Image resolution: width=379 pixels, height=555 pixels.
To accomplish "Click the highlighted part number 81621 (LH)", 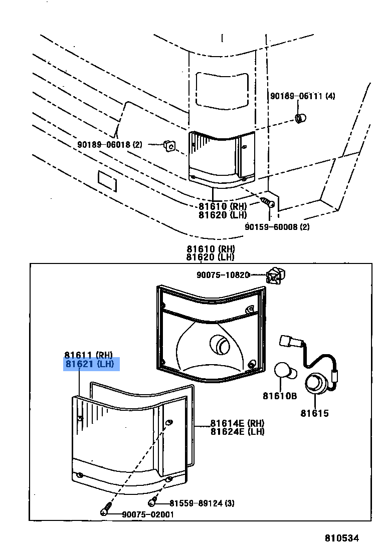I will click(92, 364).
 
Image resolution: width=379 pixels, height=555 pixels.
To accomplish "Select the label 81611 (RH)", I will click(89, 355).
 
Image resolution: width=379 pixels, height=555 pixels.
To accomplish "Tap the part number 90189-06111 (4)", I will click(303, 96).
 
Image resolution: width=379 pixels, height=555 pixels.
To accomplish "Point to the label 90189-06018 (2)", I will click(110, 145).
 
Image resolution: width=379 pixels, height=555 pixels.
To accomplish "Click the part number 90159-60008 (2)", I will click(277, 226).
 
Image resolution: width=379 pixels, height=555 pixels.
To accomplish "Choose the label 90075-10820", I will click(223, 274).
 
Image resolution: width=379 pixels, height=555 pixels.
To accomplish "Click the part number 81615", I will click(314, 413).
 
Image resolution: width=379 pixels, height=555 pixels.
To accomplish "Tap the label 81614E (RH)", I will click(237, 423).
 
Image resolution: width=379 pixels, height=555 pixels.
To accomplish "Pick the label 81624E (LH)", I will click(237, 431).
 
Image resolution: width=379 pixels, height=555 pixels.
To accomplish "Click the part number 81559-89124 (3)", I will click(202, 503).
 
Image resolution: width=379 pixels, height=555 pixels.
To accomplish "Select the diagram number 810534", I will click(342, 538).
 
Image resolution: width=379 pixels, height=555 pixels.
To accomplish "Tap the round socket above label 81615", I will click(316, 384).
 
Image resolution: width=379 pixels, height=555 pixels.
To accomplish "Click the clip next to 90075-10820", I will click(274, 275).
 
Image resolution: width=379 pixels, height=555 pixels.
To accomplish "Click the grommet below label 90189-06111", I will click(301, 119).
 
